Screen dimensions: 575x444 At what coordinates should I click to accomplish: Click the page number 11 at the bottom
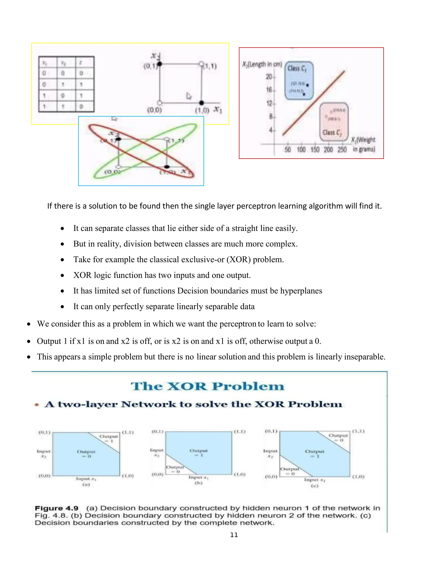(x=234, y=535)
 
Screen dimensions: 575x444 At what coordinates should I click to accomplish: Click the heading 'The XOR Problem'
(x=207, y=386)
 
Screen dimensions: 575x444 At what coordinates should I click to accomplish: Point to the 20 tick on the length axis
(x=269, y=77)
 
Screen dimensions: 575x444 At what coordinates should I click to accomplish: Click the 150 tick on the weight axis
(x=315, y=150)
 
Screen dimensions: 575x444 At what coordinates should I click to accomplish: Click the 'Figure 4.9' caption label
(x=57, y=508)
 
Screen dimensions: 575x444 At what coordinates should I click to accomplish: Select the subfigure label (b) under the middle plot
(x=199, y=483)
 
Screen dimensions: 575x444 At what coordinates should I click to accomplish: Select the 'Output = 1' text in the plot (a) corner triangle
(x=109, y=439)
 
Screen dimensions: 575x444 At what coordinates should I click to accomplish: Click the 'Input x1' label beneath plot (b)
(x=198, y=477)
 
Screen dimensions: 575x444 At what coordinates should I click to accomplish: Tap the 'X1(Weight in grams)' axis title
(x=364, y=144)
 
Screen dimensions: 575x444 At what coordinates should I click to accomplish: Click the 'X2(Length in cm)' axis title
(x=262, y=64)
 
